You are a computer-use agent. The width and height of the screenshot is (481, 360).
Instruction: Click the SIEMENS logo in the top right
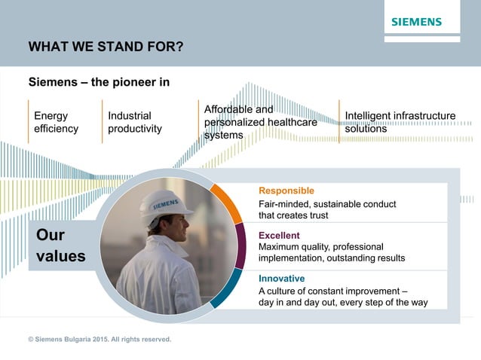416,22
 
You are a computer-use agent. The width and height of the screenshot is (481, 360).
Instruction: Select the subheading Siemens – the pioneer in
99,82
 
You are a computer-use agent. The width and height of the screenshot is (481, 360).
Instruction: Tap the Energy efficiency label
56,122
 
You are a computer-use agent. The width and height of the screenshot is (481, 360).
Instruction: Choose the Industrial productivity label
134,122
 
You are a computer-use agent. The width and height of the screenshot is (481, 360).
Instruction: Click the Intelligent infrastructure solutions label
400,122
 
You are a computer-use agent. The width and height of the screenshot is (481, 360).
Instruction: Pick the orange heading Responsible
286,191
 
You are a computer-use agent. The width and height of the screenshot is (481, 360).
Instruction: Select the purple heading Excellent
279,235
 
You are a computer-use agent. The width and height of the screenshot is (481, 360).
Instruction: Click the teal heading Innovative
281,278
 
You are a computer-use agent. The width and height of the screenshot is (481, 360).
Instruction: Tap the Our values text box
60,246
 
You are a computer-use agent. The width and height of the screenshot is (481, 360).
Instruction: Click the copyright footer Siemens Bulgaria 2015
100,340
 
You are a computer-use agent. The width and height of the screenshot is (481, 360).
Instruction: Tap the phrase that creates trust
293,215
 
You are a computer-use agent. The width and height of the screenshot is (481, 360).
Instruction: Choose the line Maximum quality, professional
320,247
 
